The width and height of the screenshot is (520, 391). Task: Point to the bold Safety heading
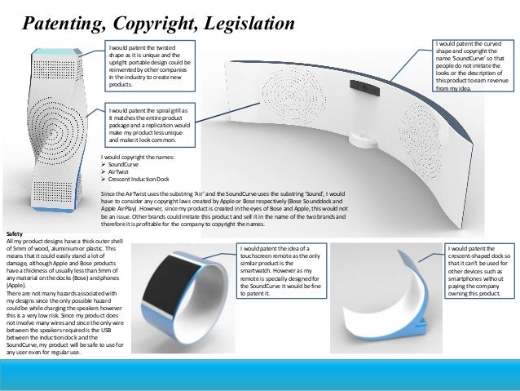(x=16, y=234)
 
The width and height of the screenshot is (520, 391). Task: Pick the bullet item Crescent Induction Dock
(x=139, y=179)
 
